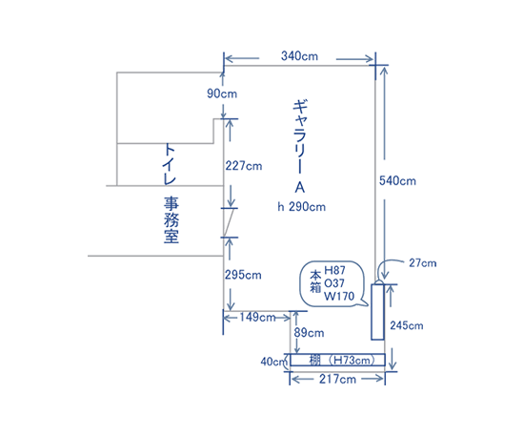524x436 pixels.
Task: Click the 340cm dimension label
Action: click(x=299, y=56)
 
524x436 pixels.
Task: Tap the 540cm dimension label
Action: click(x=397, y=181)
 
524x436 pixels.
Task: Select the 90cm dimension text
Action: click(x=222, y=93)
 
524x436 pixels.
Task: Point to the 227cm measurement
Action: click(x=244, y=166)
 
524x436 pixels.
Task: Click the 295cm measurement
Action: click(x=243, y=275)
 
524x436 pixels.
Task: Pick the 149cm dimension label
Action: click(x=257, y=317)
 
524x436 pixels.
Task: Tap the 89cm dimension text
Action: click(x=309, y=333)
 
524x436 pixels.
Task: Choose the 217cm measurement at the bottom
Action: click(x=337, y=379)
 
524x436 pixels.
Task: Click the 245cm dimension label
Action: click(x=407, y=325)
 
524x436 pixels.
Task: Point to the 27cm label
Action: click(x=423, y=263)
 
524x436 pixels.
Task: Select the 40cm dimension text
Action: click(x=274, y=362)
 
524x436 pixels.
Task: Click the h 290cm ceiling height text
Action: click(x=301, y=207)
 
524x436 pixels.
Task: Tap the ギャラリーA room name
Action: click(x=300, y=147)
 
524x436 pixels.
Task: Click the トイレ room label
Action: click(x=170, y=164)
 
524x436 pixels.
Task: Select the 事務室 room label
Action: click(x=171, y=219)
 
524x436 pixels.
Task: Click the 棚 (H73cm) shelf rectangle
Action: click(x=337, y=360)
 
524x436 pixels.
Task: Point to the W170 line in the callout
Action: click(x=339, y=296)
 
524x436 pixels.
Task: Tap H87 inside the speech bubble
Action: click(x=334, y=270)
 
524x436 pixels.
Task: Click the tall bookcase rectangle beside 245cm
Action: click(x=377, y=312)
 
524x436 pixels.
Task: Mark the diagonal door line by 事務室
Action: click(x=229, y=222)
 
